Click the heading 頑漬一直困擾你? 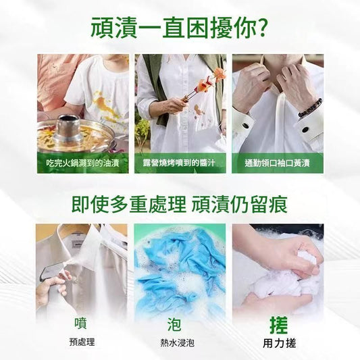179,27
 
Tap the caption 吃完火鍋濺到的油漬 82,163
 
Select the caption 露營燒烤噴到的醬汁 179,163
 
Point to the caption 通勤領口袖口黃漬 277,163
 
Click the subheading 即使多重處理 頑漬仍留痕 179,205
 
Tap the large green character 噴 80,323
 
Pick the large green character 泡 174,324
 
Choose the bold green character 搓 279,325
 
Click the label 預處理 82,342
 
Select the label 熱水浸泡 177,343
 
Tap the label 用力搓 280,343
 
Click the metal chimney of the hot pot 68,128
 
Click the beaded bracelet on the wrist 310,108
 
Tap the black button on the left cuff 245,126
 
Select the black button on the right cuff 305,130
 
